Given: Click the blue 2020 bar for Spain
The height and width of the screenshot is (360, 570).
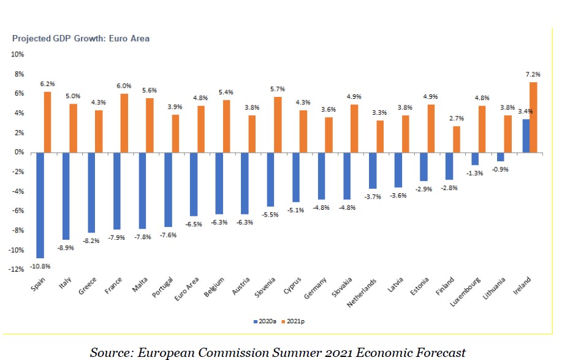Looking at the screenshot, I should pos(40,205).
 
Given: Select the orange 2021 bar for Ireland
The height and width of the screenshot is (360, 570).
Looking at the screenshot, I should pos(534,117).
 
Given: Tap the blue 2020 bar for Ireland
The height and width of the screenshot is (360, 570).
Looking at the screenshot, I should pos(526,136).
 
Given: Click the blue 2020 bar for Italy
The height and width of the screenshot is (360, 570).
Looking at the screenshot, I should pos(66,196).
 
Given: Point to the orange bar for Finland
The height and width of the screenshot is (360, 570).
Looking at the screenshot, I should pos(457,139).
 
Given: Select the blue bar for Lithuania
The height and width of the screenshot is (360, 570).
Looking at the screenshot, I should pos(500,156).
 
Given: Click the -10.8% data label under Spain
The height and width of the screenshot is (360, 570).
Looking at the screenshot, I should pos(40,266).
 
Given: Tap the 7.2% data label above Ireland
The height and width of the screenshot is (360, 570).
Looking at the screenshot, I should pos(533,74).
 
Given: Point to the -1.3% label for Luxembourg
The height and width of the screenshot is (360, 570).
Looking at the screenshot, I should pos(476,173).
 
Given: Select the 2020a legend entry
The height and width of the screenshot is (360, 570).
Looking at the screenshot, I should pos(264,321).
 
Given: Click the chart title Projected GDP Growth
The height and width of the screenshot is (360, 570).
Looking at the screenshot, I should pos(81,39).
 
